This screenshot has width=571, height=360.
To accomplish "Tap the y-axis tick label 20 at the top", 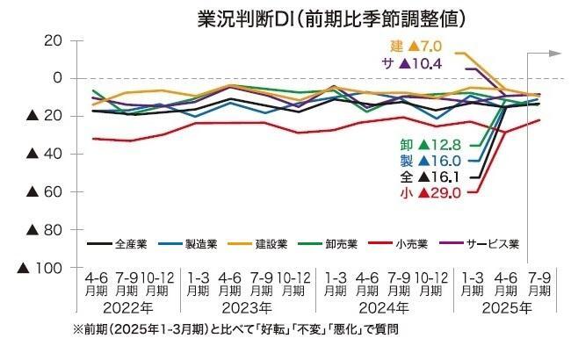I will click(52, 41).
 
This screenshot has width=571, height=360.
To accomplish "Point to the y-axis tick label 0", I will click(57, 78).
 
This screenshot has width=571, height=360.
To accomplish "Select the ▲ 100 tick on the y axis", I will click(43, 267).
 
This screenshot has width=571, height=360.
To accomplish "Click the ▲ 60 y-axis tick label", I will click(43, 191).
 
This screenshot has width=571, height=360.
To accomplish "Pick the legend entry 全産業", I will click(123, 242).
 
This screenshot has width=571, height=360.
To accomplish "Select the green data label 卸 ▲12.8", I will click(431, 145).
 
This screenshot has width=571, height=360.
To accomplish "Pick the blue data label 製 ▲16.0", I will click(431, 161).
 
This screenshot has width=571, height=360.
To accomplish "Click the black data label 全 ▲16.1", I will click(431, 176).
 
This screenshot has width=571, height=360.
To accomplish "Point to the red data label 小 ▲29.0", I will click(431, 192).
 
